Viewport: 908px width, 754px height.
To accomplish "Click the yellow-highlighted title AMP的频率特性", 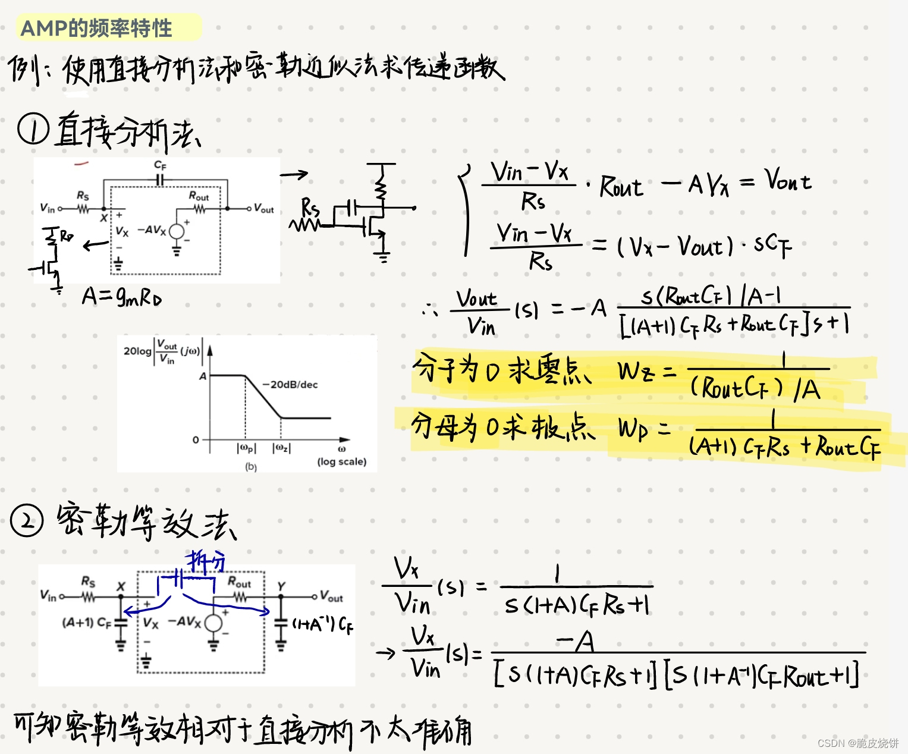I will tap(96, 28).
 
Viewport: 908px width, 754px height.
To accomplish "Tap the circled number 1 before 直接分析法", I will tap(32, 130).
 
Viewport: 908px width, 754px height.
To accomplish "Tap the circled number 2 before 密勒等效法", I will tap(27, 521).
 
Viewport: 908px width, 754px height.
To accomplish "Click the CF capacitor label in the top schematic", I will tap(160, 165).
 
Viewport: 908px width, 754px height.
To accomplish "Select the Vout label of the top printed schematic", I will tap(263, 209).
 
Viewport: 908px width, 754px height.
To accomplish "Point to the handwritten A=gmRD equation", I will tap(122, 296).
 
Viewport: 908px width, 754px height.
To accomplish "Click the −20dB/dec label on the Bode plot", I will tap(290, 385).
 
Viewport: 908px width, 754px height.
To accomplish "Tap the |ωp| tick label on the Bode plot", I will tap(246, 448).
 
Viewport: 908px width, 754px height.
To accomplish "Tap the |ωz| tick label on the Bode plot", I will tap(281, 448).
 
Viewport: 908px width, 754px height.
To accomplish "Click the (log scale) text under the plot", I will tap(341, 461).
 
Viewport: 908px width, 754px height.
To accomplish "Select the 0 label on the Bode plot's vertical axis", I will tap(196, 440).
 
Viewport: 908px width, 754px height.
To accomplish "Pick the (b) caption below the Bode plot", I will tap(251, 467).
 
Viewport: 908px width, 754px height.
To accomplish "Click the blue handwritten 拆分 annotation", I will tap(205, 561).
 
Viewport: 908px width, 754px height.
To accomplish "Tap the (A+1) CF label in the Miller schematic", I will tap(86, 623).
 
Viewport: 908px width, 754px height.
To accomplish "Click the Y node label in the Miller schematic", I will tap(281, 586).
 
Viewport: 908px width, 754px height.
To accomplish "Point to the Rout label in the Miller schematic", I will tap(239, 582).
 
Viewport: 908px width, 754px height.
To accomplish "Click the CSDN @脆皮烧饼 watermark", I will tap(857, 743).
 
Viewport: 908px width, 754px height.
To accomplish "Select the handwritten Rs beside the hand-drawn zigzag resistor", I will tap(310, 208).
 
